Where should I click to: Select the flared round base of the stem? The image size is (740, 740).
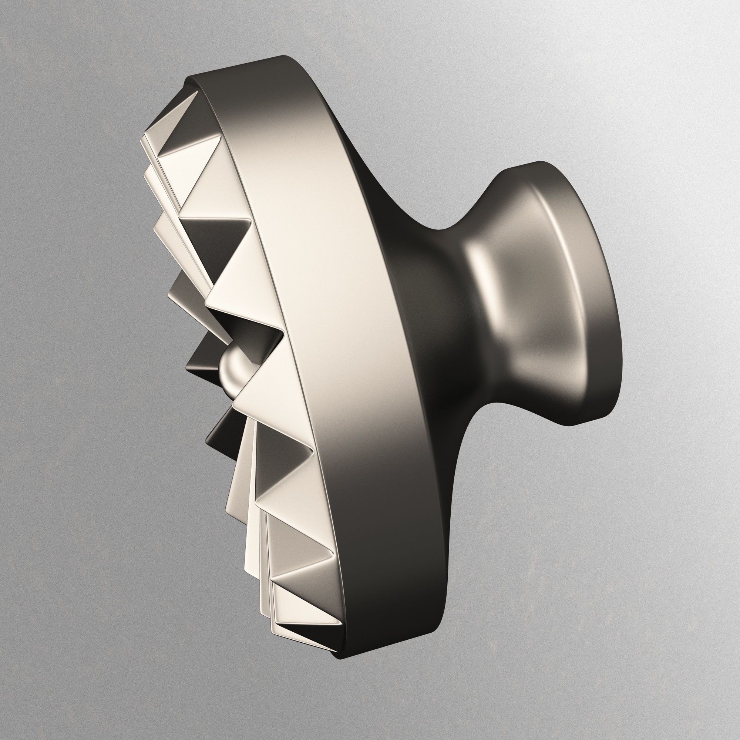click(x=567, y=291)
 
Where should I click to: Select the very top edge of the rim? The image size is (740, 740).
click(x=283, y=57)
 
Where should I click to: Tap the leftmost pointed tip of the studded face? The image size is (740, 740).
click(x=142, y=142)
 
